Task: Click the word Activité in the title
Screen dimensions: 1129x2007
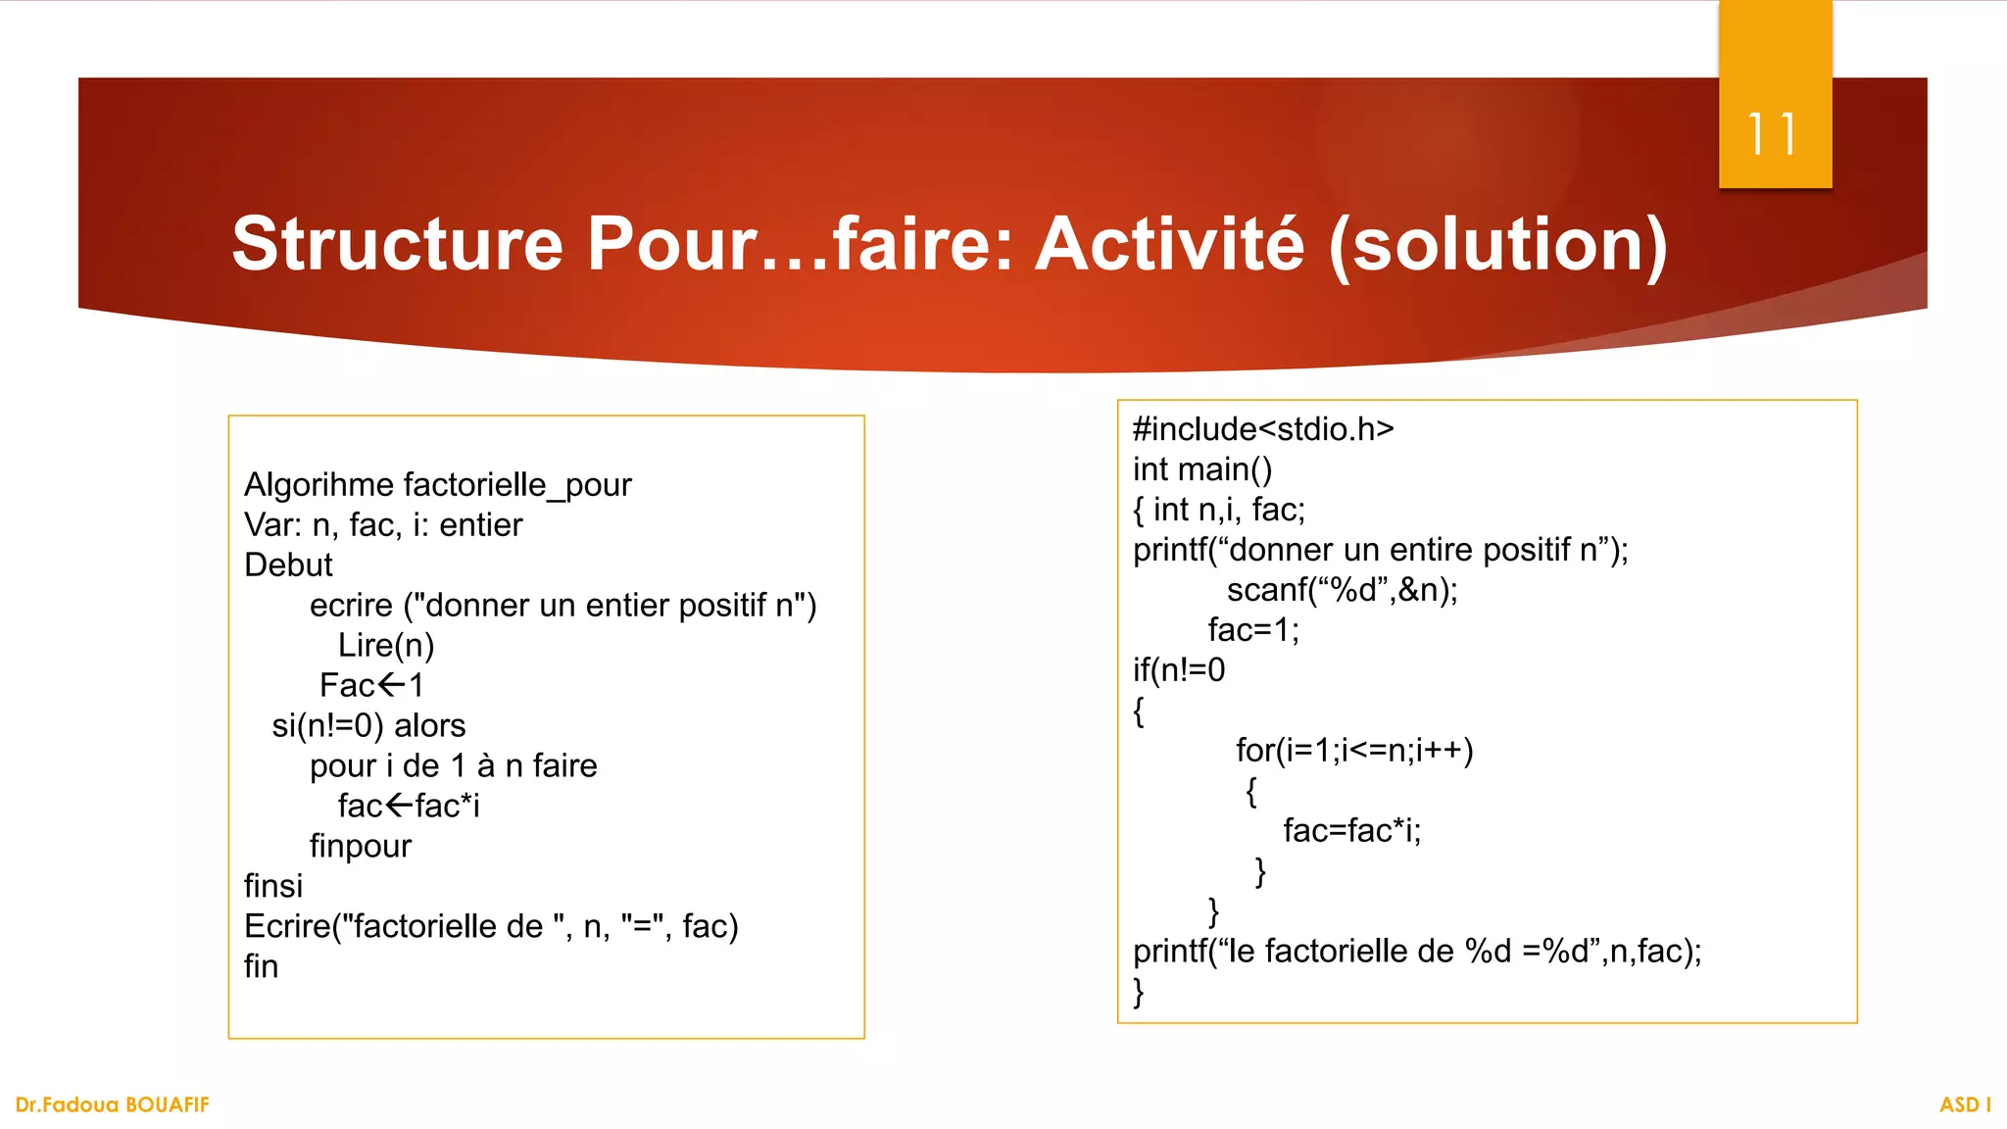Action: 1170,244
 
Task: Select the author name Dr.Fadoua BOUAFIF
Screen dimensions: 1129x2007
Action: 113,1104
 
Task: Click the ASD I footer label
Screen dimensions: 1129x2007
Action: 1965,1104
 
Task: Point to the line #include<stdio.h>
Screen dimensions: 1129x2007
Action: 1263,429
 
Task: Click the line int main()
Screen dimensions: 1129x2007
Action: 1202,469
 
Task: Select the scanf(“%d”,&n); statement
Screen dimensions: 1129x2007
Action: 1342,590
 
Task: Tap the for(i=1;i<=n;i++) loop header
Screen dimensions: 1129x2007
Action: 1354,751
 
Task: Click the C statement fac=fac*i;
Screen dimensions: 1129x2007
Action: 1351,831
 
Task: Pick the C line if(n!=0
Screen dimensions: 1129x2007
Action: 1179,670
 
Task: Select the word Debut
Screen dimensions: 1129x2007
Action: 288,565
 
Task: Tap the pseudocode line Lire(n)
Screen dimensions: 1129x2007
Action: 386,646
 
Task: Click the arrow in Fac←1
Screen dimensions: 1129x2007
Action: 391,685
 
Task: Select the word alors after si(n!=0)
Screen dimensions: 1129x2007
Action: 429,726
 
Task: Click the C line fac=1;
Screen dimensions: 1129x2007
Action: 1253,630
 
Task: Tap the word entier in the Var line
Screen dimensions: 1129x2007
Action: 480,525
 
